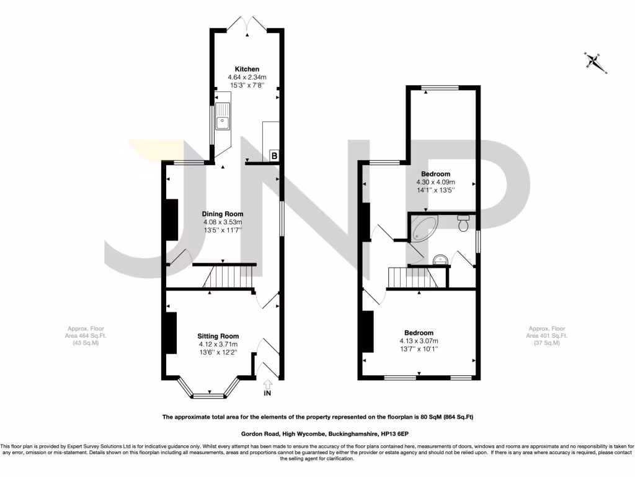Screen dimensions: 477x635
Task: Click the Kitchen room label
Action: (247, 69)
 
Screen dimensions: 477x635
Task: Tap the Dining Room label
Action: (222, 214)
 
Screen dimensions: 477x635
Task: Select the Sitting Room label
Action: (218, 336)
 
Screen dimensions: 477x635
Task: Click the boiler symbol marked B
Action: (274, 155)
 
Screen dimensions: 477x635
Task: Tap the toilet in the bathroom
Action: (462, 223)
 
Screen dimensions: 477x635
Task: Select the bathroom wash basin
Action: (442, 258)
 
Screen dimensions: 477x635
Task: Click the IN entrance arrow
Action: (268, 389)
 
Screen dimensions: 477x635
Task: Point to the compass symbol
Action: (594, 61)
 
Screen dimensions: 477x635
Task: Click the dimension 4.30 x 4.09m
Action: (435, 183)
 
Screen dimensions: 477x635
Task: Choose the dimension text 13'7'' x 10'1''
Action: (419, 348)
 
